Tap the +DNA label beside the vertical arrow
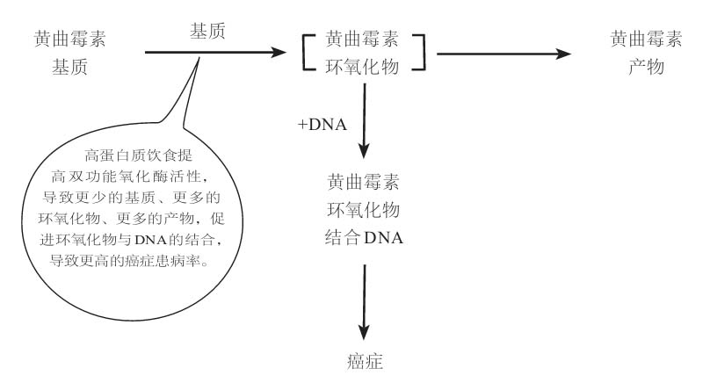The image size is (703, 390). tap(322, 125)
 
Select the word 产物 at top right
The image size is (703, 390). tap(646, 67)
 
